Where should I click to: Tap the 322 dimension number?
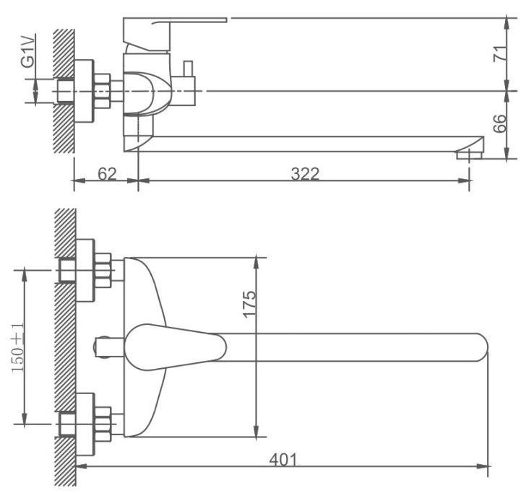pos(304,174)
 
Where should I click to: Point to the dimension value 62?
pos(106,174)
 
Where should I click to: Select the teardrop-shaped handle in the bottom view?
pos(173,346)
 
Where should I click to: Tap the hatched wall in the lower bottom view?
pos(66,346)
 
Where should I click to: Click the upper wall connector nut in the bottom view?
pos(102,271)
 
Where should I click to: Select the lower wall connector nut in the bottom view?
pos(102,422)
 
